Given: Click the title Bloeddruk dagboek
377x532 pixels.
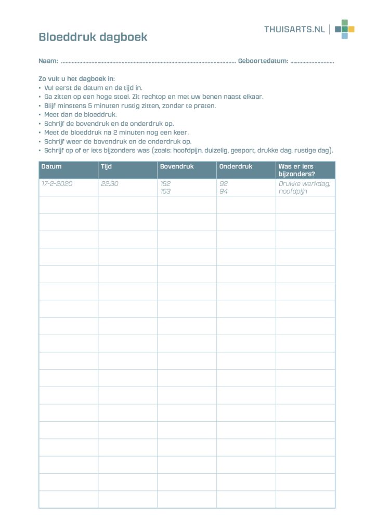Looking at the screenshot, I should click(x=93, y=37).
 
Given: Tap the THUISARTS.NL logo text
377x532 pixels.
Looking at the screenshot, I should click(x=294, y=29).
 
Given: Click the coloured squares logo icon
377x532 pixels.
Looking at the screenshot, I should click(x=344, y=29).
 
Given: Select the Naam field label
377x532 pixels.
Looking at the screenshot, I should click(x=48, y=61).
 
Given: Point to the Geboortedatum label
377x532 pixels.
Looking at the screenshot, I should click(x=263, y=61).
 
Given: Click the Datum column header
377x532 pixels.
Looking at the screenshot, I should click(x=51, y=167).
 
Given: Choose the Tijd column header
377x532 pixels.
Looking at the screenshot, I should click(x=106, y=167).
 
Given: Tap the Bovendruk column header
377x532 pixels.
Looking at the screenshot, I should click(x=177, y=167).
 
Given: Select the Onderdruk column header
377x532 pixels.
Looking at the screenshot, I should click(x=236, y=167).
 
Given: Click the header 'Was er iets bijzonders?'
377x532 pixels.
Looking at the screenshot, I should click(x=296, y=170).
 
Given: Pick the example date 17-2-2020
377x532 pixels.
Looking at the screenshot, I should click(x=57, y=184).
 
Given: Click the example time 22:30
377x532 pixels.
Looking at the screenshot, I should click(x=109, y=184).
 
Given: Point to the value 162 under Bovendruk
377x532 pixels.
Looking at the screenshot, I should click(x=165, y=184).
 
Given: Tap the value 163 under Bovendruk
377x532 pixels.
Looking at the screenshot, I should click(x=165, y=191).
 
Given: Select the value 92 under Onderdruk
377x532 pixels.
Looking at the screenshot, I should click(x=224, y=184).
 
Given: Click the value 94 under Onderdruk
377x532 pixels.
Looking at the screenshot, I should click(x=224, y=191).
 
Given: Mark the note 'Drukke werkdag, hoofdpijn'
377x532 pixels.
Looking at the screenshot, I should click(x=304, y=188).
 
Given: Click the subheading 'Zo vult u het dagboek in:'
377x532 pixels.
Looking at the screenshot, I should click(x=76, y=79).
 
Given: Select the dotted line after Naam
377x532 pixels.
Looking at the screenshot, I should click(x=148, y=62).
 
